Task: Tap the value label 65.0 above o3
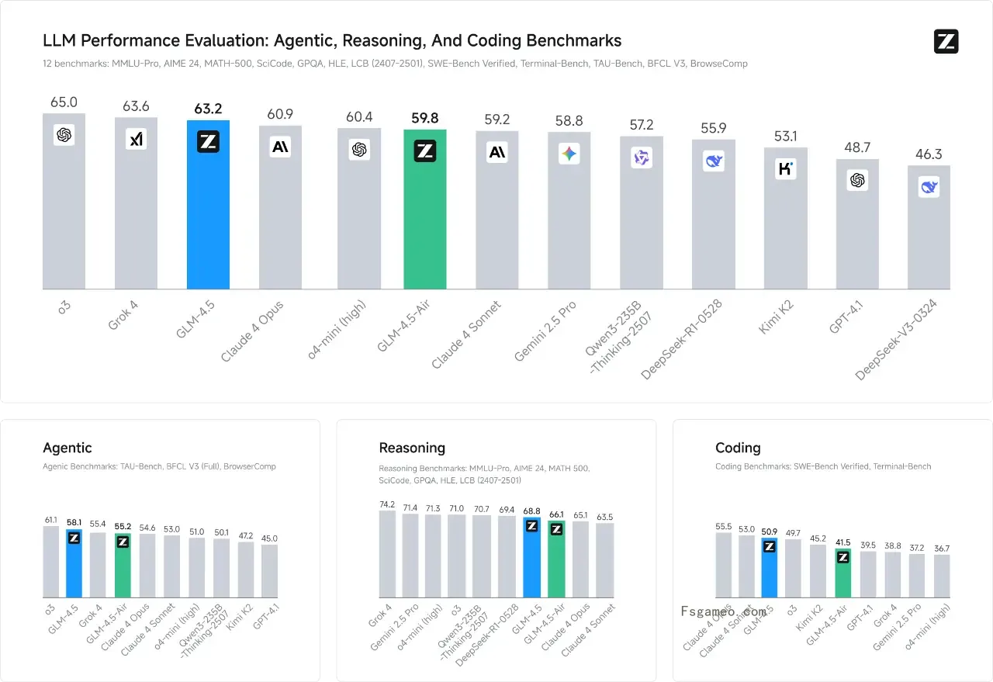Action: click(64, 102)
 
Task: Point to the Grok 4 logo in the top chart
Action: click(136, 139)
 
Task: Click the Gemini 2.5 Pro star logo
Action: click(569, 154)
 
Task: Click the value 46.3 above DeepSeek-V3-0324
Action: click(929, 154)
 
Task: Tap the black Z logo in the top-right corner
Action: click(946, 42)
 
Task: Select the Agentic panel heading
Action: click(67, 448)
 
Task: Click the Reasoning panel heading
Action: click(412, 448)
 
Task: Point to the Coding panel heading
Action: click(738, 448)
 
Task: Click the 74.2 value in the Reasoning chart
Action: click(387, 504)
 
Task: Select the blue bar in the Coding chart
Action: click(770, 570)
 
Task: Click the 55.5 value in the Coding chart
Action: click(723, 526)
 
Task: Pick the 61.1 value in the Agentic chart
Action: click(50, 520)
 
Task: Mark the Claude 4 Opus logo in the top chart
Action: click(280, 147)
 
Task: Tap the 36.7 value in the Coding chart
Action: click(942, 549)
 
